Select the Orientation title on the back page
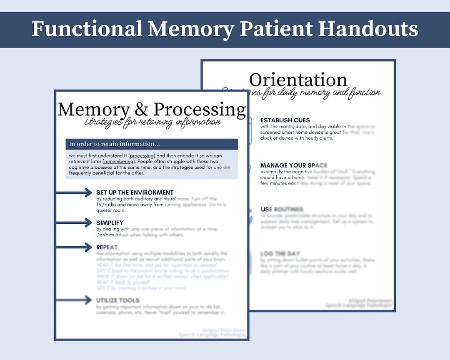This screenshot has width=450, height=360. [298, 80]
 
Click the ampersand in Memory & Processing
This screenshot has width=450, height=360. [142, 109]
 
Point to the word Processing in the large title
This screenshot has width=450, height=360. [200, 110]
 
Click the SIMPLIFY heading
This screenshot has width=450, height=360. [110, 223]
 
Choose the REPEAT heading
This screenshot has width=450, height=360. [107, 247]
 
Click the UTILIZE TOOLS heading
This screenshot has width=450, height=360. [118, 300]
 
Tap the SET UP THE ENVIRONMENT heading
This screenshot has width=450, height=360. [135, 192]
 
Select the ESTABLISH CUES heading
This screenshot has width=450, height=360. [285, 120]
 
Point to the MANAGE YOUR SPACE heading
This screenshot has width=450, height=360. [294, 165]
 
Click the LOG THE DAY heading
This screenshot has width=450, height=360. [280, 253]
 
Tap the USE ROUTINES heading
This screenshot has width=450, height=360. [282, 209]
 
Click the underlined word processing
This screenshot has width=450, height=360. [142, 155]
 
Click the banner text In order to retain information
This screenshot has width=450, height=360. [114, 144]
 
